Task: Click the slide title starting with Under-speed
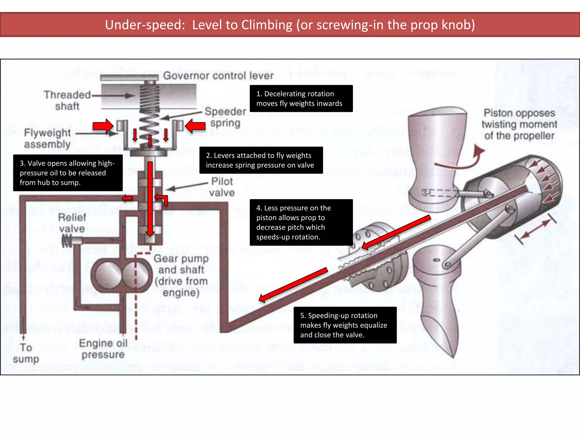290,25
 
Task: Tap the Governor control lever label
218,76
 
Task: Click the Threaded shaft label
67,100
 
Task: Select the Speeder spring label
225,117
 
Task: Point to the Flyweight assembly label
47,138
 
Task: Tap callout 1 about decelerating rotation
301,99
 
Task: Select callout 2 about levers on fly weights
261,160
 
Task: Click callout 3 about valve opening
68,173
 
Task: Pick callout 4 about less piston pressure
301,222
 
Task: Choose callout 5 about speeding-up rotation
345,325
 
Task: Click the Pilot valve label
222,187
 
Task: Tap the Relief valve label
72,223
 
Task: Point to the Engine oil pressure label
103,349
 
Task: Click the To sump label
26,353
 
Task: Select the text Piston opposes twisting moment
519,124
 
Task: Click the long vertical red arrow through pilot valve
150,198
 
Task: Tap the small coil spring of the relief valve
67,241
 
